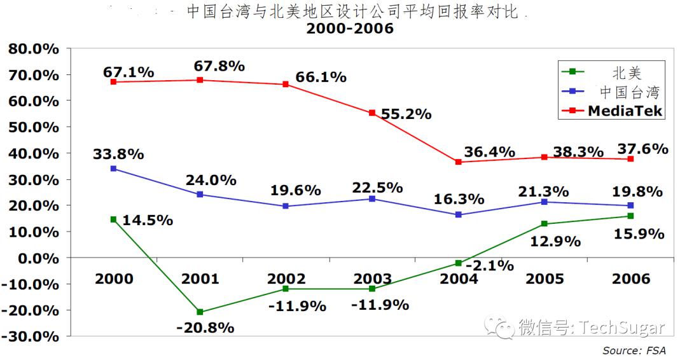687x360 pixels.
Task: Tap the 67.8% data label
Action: tap(219, 66)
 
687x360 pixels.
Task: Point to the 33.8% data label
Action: tap(118, 154)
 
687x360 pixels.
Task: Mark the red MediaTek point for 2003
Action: tap(372, 113)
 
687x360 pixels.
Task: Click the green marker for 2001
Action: tap(200, 312)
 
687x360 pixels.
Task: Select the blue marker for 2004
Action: tap(458, 215)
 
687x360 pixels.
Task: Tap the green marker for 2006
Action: tap(630, 216)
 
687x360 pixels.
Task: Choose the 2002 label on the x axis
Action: tap(286, 279)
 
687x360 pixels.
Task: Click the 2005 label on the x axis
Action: tap(545, 279)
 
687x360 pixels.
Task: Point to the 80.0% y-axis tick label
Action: tap(32, 49)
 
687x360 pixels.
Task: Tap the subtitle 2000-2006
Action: tap(350, 29)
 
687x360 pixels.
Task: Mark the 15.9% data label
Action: tap(639, 234)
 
